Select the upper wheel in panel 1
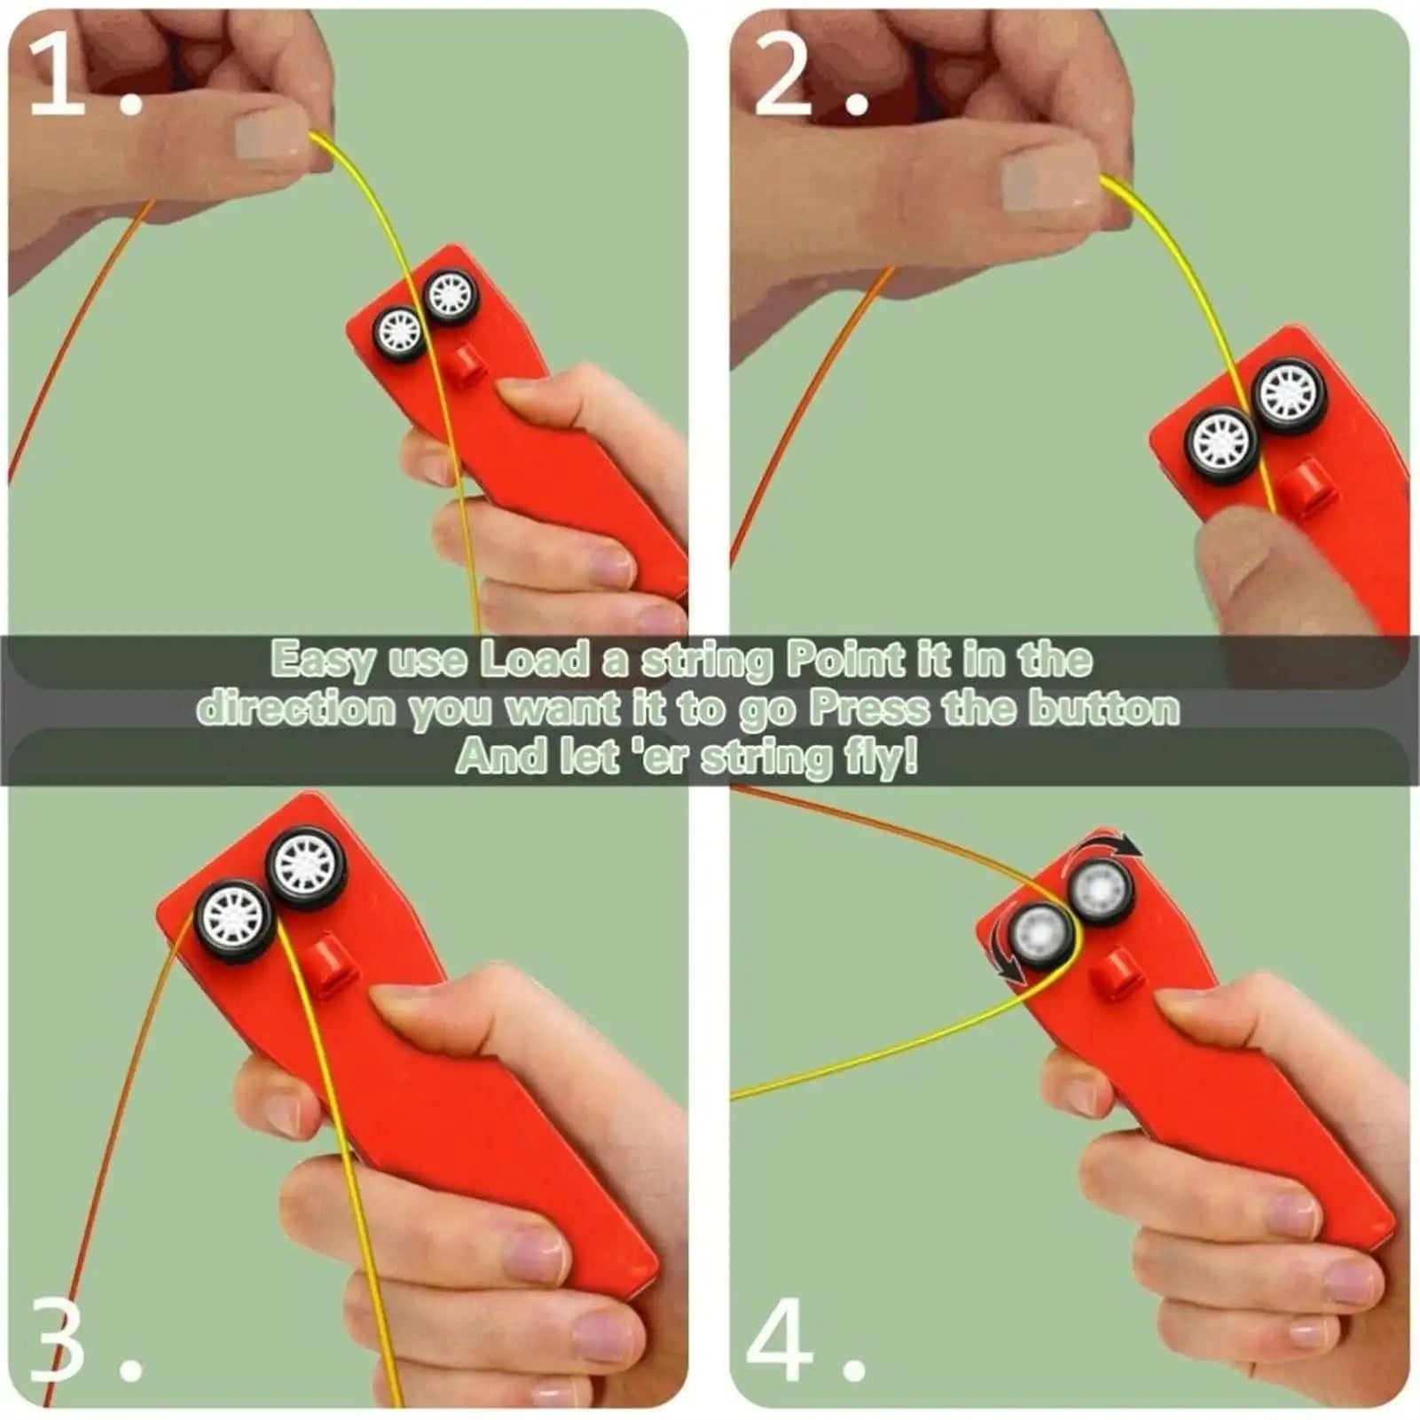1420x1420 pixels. coord(451,294)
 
